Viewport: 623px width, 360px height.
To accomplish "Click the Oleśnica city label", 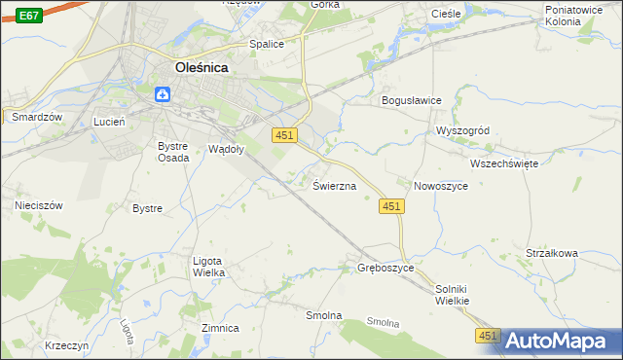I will click(207, 68).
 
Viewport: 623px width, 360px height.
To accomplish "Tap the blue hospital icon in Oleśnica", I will click(163, 93).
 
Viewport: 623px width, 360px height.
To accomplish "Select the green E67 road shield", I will click(29, 16).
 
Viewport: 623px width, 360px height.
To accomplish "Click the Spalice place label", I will click(266, 44).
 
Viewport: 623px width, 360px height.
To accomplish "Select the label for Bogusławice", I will click(412, 100).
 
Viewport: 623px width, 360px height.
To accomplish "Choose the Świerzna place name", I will click(334, 185).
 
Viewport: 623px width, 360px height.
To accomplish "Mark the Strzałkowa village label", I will click(552, 253).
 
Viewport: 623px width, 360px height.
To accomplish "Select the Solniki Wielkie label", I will click(453, 295).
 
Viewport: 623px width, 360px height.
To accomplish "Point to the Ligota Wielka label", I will click(209, 267).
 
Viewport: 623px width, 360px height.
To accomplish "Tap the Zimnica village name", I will click(220, 328).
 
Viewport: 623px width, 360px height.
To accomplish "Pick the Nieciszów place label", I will click(39, 205).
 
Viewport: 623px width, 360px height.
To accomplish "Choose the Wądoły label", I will click(227, 149).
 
